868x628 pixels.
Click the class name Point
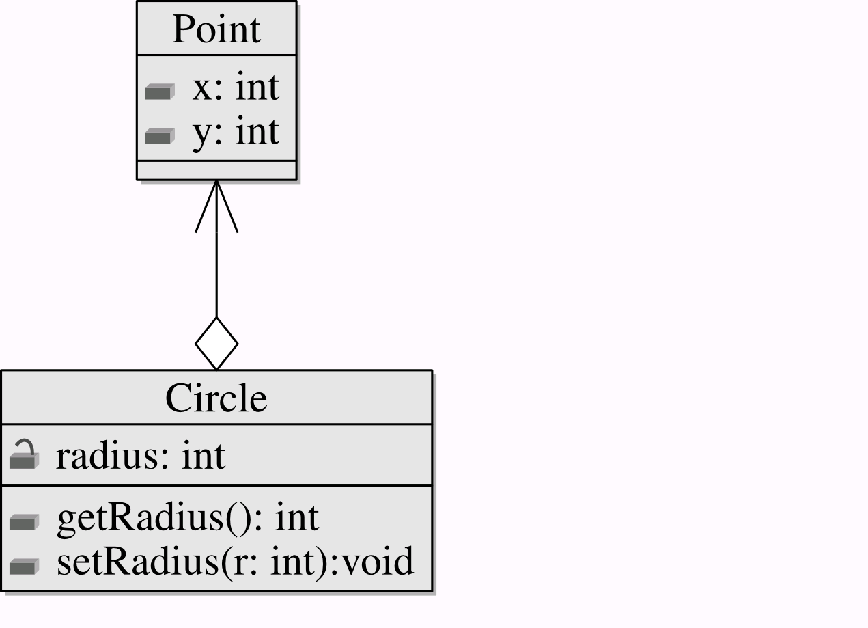(x=216, y=29)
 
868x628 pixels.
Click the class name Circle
(x=216, y=398)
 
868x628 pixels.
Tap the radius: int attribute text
(x=141, y=455)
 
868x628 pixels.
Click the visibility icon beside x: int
(x=160, y=92)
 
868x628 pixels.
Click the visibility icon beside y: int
(x=160, y=136)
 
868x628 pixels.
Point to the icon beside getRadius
(x=24, y=522)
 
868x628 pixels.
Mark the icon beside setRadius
(x=24, y=566)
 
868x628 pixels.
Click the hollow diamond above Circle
(x=216, y=344)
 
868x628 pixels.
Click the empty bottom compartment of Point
(x=217, y=171)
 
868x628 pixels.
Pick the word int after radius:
(x=204, y=455)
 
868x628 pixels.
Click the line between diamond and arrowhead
(x=216, y=275)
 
